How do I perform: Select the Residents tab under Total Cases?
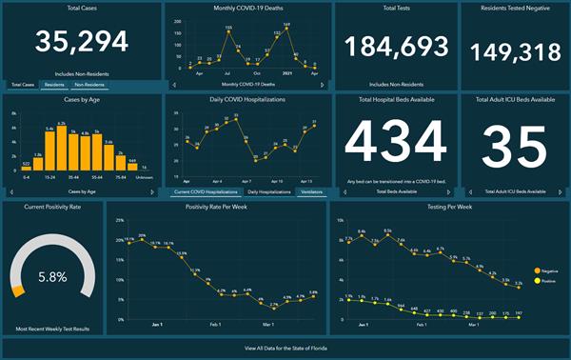[x=54, y=85]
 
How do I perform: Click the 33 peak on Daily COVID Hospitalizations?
[x=236, y=118]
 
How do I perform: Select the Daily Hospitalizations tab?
[x=269, y=191]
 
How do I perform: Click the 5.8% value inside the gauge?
[x=52, y=277]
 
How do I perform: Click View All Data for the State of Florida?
[x=285, y=350]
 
